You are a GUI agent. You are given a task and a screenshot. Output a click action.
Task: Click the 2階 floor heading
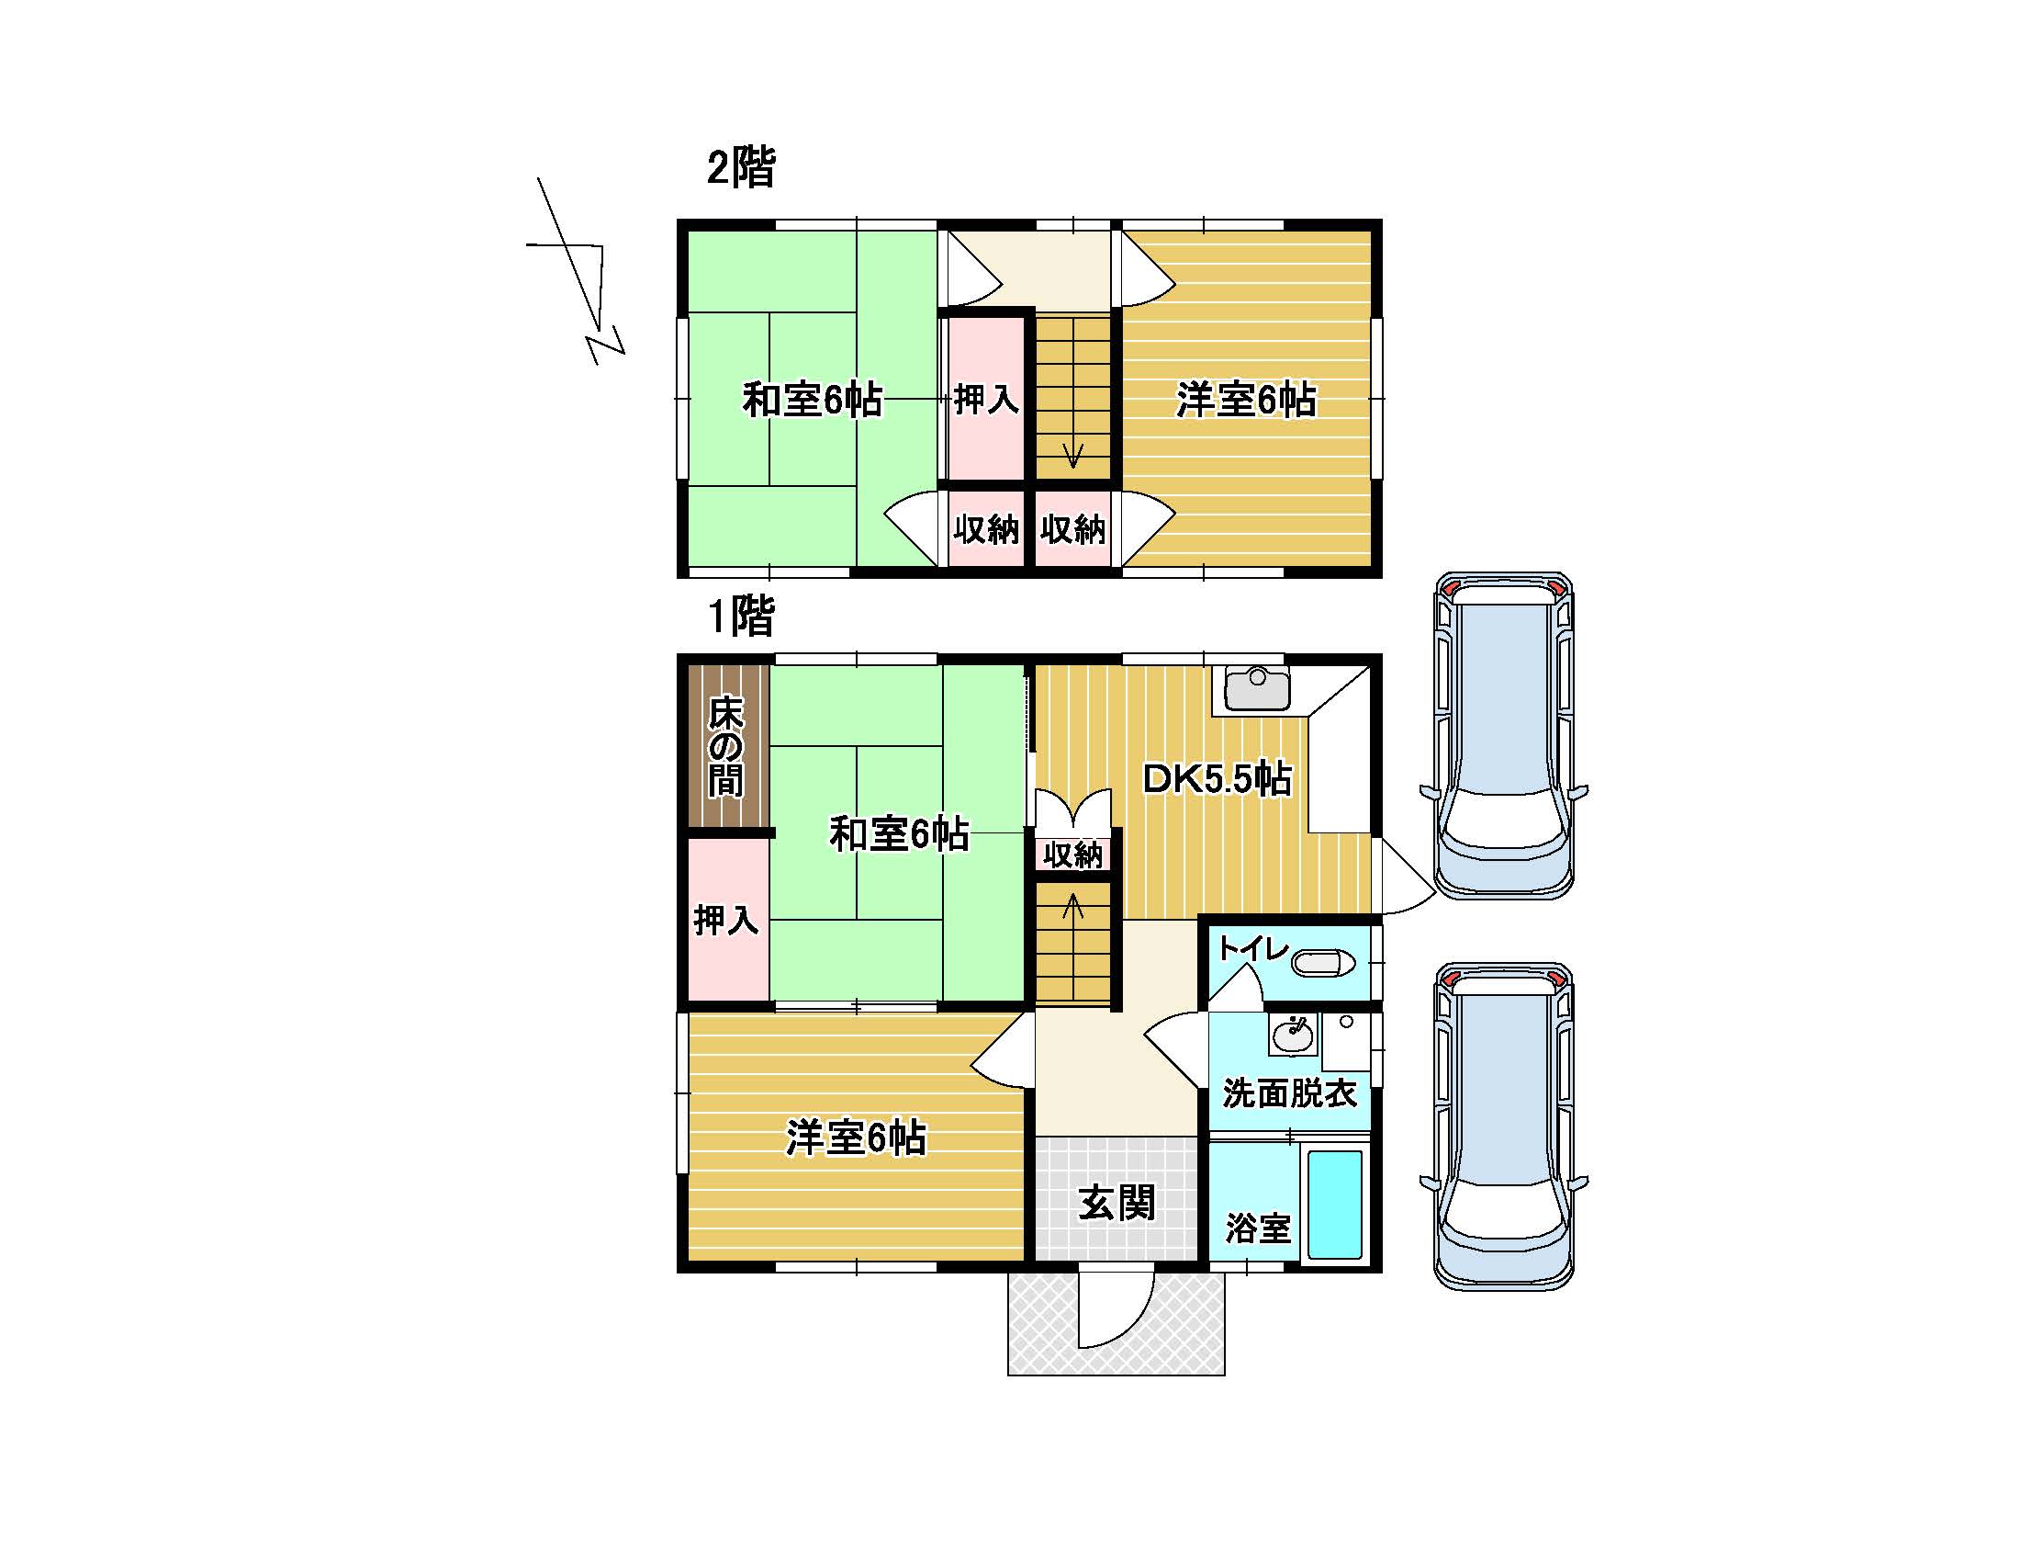741,168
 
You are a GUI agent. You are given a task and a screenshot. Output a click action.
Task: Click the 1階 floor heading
741,616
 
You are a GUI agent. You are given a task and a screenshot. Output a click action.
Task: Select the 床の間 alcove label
726,747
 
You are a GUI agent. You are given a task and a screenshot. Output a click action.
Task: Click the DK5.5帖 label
1218,779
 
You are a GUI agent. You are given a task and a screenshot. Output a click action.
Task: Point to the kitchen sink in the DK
1257,688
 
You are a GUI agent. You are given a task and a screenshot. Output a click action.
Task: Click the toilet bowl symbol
1322,963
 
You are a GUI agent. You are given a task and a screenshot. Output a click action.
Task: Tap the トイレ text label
1253,947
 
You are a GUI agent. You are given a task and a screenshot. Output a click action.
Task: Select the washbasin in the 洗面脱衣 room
1293,1035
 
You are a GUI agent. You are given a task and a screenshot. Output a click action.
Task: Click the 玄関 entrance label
1117,1203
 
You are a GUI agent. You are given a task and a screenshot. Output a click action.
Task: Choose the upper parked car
1503,736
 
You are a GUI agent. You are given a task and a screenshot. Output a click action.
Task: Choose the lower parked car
1503,1126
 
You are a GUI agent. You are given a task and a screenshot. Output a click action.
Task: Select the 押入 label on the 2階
987,400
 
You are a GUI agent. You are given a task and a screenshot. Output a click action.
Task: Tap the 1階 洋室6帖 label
856,1138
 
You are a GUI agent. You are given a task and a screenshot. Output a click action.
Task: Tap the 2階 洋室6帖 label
1246,400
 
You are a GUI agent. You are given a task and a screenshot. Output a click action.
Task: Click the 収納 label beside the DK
1072,855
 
